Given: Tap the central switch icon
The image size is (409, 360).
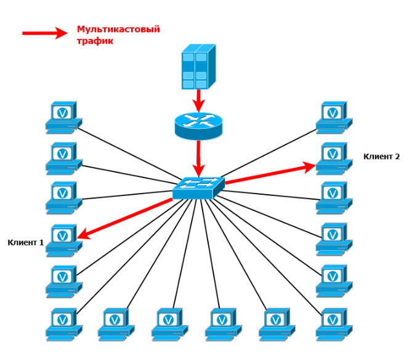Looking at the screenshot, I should [198, 187].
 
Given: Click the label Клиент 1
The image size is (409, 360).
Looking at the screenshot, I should [26, 243].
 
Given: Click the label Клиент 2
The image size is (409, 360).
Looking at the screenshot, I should [382, 157].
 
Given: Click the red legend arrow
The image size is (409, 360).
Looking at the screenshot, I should [44, 33].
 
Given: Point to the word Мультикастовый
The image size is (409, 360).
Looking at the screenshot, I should [118, 29].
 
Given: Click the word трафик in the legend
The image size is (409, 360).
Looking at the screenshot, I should [95, 41].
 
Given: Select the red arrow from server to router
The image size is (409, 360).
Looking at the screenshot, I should [198, 99].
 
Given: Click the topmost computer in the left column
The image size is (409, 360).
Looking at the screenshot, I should [63, 117].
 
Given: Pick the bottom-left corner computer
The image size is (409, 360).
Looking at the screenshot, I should [63, 324].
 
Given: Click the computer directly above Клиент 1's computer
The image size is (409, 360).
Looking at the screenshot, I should [63, 197].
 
